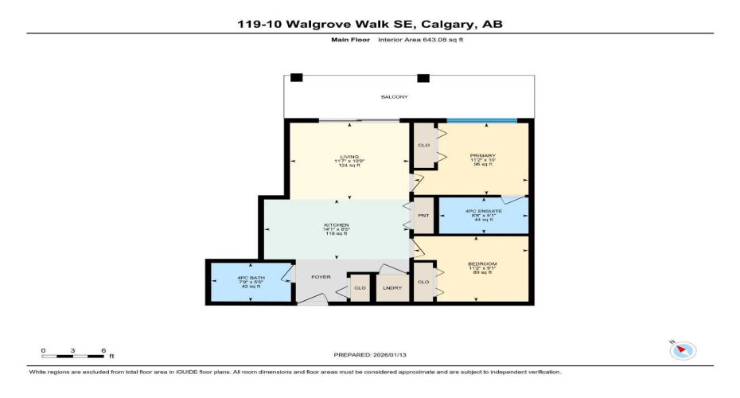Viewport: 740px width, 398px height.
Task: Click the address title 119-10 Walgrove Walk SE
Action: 370,24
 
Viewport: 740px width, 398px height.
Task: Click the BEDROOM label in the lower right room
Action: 482,263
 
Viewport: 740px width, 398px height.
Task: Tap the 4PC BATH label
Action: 250,278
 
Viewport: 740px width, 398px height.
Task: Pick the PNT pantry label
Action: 423,215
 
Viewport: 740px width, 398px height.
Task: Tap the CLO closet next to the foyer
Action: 360,287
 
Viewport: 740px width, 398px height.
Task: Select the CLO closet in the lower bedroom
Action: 423,282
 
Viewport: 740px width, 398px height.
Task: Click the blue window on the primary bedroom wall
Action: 481,121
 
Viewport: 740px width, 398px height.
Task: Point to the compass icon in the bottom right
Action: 684,349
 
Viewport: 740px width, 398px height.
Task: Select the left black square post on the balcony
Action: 296,78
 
